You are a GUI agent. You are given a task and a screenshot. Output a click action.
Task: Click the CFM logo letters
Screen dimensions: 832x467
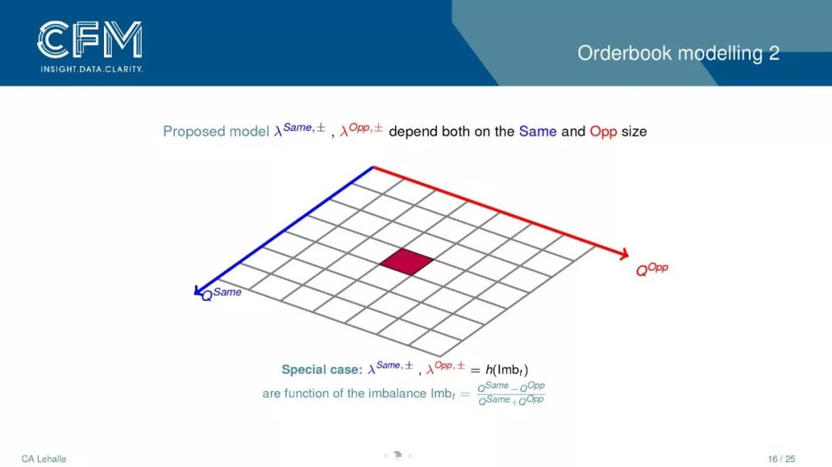coord(89,40)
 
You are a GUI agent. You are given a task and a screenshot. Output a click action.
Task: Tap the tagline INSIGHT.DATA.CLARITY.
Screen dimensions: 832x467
coord(92,69)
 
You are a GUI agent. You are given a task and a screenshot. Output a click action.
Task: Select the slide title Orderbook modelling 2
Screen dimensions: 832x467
coord(678,54)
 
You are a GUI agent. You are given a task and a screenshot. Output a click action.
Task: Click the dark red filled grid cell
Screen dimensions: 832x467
coord(407,262)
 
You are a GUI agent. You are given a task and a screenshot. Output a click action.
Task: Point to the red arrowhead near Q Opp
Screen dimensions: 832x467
coord(624,255)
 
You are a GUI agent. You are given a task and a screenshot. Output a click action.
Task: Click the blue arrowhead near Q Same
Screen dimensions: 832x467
coord(198,291)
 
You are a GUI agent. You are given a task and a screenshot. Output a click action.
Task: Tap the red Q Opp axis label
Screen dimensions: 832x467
coord(653,269)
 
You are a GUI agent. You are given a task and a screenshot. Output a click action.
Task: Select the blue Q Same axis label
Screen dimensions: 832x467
coord(222,294)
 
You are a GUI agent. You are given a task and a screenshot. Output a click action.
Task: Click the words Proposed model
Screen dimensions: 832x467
coord(216,132)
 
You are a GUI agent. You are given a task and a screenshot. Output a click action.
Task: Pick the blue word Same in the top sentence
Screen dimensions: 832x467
coord(538,132)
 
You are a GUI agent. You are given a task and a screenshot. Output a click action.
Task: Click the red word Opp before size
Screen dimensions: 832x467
coord(603,132)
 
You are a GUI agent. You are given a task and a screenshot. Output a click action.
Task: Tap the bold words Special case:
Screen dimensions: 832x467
coord(321,369)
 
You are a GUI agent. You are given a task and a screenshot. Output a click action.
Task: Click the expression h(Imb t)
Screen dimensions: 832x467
coord(507,369)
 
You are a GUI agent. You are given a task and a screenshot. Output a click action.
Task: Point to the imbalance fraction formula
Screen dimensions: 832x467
coord(511,393)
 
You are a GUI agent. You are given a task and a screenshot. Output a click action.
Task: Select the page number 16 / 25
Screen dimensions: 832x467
coord(782,459)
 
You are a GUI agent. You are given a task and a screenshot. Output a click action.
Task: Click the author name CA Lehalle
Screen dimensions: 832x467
coord(44,459)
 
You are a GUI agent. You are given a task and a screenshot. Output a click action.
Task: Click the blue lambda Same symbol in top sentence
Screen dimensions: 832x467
coord(300,130)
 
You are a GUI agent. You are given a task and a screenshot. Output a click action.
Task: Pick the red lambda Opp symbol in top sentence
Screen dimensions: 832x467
coord(361,130)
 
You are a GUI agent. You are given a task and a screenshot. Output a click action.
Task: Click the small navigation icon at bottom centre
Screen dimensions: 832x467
coord(398,455)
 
